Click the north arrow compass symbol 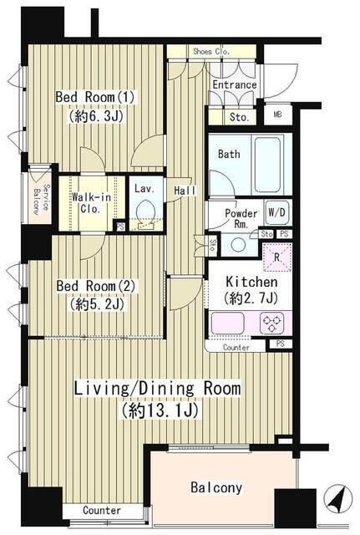337,498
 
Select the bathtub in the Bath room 267,164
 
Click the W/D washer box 276,212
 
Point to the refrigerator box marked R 276,257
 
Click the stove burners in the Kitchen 272,324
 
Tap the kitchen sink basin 227,324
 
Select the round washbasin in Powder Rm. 237,245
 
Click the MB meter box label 278,115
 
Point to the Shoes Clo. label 211,52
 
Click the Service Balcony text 42,199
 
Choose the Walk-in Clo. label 91,202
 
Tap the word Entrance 234,84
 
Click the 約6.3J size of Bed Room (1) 96,116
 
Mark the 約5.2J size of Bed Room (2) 96,303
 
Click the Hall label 185,191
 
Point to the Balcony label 216,487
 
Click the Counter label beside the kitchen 236,348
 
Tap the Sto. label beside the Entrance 239,117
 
